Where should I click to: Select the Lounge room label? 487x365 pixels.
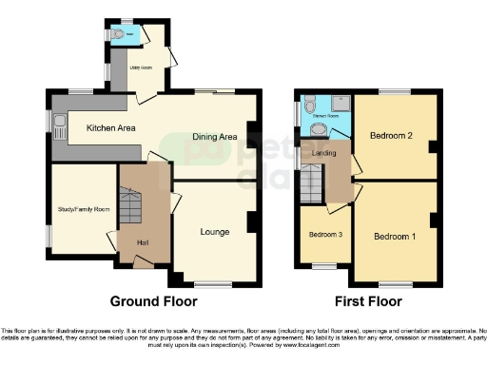(214, 231)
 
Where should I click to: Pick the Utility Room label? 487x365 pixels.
(141, 68)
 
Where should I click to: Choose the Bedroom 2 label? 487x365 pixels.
(390, 136)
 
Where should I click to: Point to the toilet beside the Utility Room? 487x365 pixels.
(117, 35)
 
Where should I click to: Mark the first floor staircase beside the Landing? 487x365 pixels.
(311, 181)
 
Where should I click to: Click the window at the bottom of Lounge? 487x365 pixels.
(212, 283)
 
